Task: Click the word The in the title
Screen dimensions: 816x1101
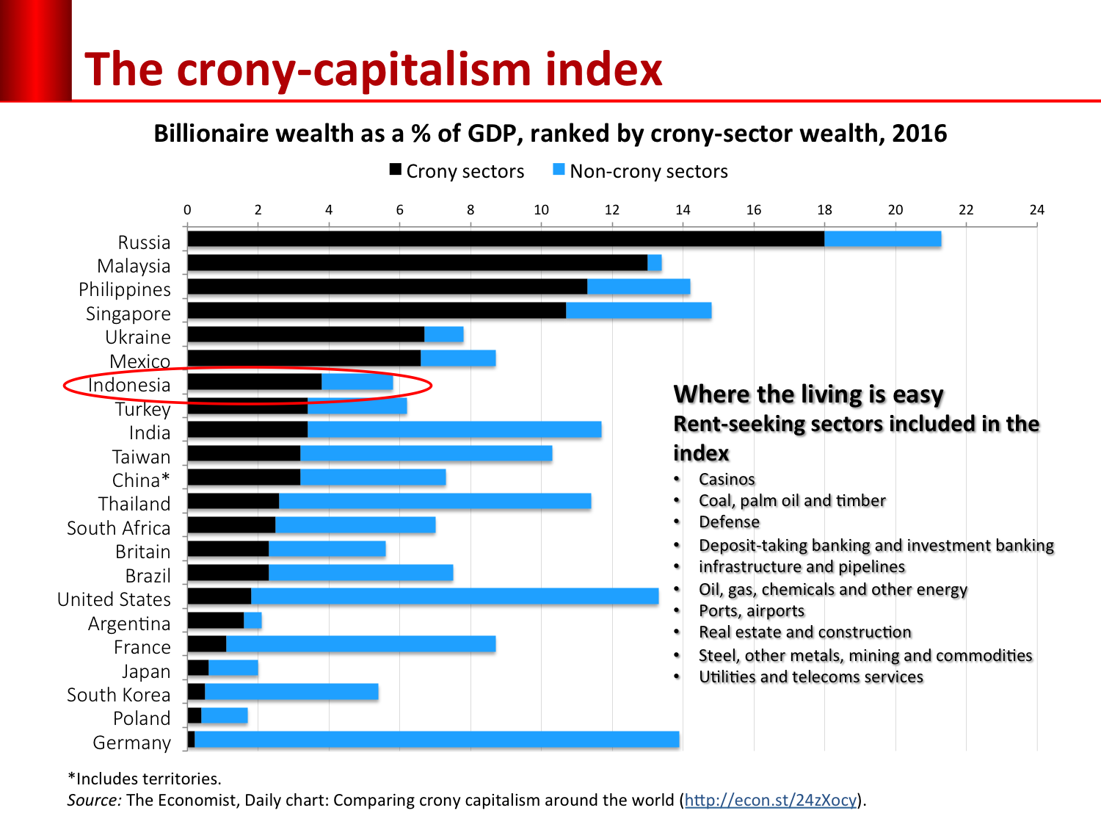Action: pos(123,71)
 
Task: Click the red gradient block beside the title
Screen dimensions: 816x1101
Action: pos(35,50)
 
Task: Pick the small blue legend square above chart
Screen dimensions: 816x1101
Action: pos(559,170)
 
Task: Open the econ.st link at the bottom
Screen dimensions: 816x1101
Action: pos(770,800)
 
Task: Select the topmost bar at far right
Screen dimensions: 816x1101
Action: pos(882,239)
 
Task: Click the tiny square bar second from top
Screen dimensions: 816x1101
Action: pos(655,262)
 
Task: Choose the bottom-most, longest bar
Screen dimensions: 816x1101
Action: pos(437,739)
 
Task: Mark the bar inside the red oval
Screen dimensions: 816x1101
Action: pos(357,382)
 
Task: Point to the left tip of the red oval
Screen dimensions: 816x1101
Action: pos(65,386)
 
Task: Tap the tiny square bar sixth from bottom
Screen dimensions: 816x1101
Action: pos(252,620)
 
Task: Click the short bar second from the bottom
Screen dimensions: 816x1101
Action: pos(225,715)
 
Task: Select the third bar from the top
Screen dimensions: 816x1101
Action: pos(639,286)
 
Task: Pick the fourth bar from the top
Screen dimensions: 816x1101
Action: pos(639,310)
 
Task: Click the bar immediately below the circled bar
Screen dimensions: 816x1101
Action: pos(357,406)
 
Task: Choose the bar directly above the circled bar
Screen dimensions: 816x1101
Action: pos(458,358)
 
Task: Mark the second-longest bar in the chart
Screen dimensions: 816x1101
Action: pos(454,596)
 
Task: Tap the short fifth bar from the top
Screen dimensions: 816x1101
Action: pos(444,334)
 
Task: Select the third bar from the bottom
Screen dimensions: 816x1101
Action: pos(291,691)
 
